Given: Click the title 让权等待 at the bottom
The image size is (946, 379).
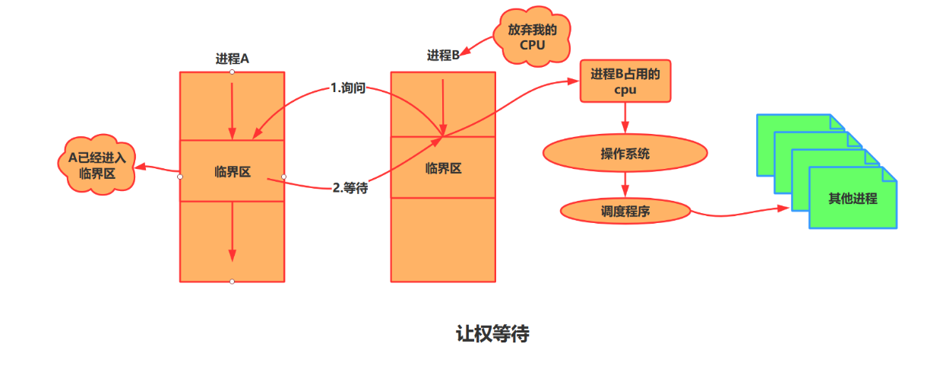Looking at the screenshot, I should coord(492,334).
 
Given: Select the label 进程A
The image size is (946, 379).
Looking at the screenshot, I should coord(232,59).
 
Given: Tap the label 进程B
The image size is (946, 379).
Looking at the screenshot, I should coord(443,56).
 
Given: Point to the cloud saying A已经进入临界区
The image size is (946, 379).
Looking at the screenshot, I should coord(96,165).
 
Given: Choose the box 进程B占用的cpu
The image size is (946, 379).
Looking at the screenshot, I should coord(625,81).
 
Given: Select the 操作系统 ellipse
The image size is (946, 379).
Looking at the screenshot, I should coord(625,154).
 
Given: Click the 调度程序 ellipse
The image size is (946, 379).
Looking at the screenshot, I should coord(625,212).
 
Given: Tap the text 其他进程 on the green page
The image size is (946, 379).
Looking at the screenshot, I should coord(853,199).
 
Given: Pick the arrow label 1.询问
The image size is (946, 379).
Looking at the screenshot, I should coord(348,88).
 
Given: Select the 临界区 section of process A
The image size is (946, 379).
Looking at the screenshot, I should coord(232,171).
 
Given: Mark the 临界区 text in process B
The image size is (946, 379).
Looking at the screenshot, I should coord(443,168).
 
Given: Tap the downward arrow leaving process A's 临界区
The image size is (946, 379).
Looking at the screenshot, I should coord(233,232).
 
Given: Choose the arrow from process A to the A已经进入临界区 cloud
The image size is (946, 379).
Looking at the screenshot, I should coord(157,168).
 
